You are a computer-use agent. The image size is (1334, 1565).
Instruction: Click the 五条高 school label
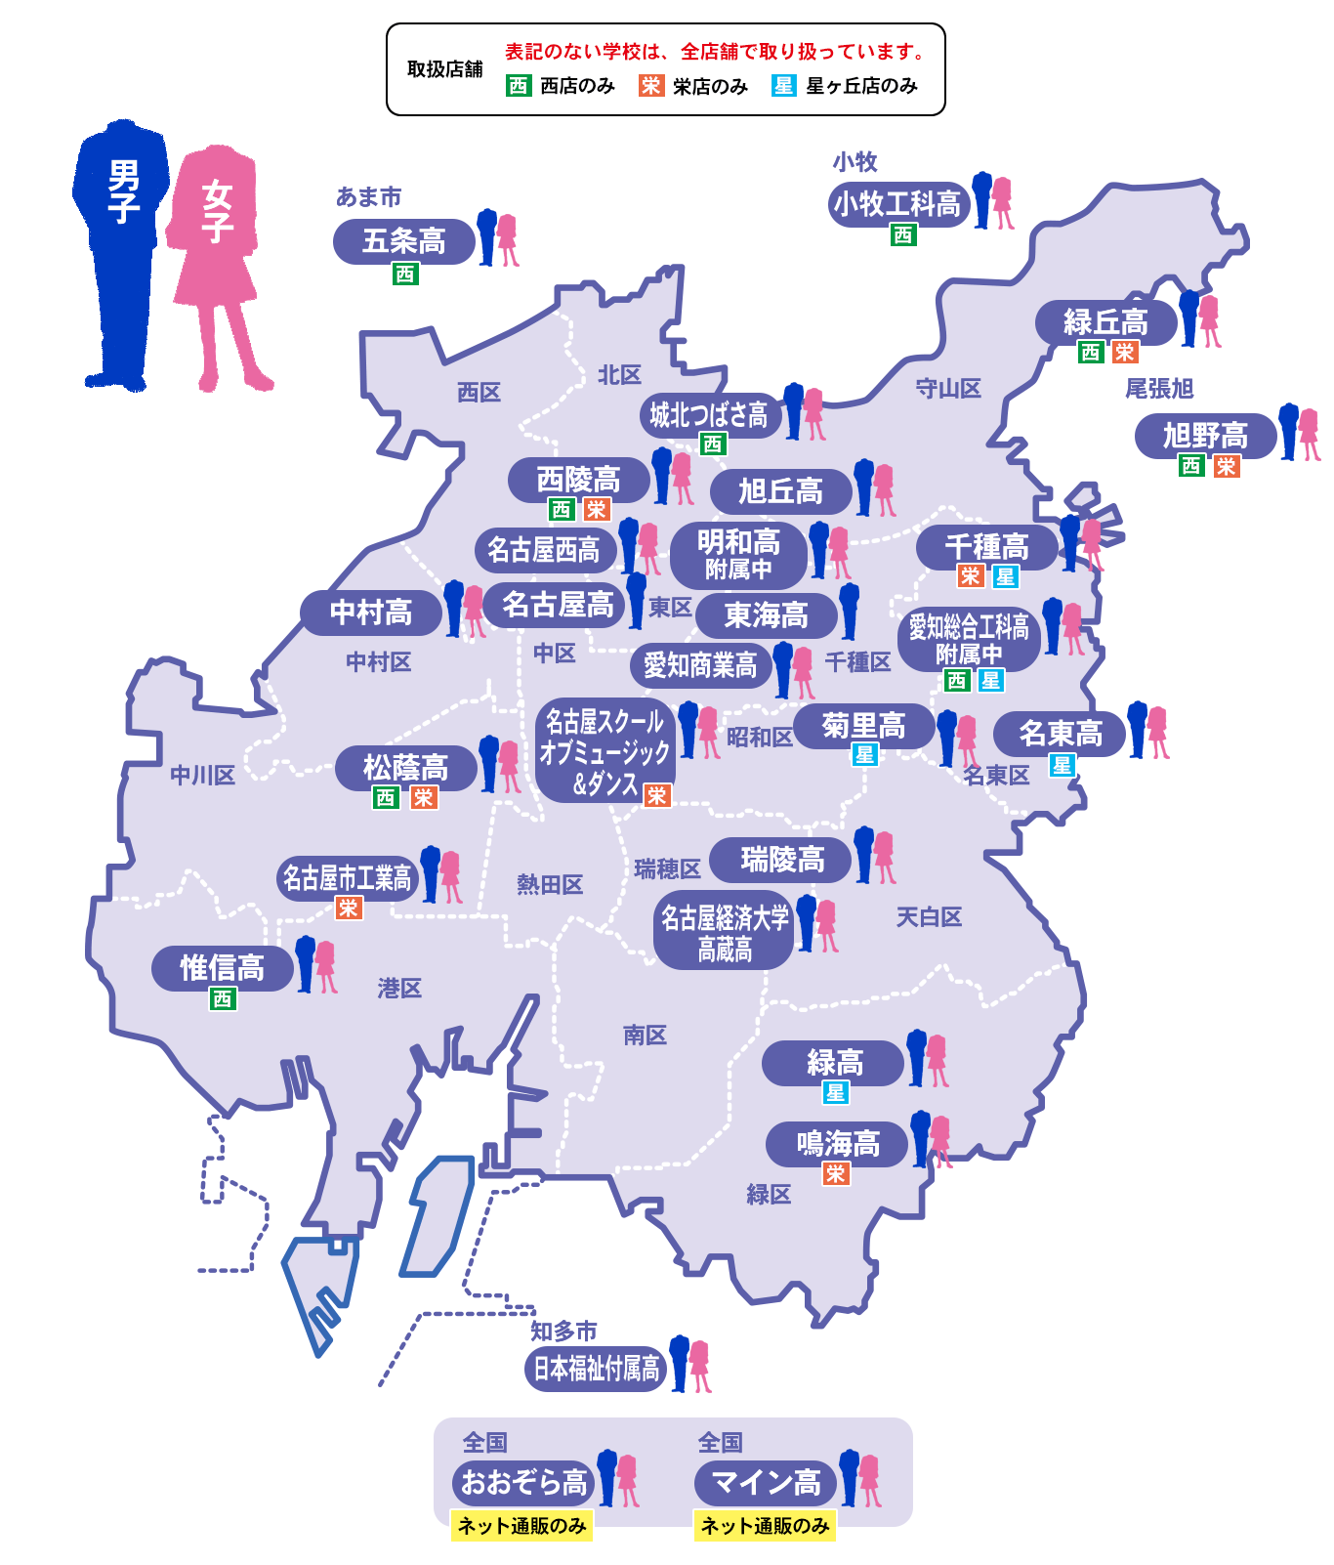click(403, 241)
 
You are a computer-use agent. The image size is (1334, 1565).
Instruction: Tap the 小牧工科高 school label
click(897, 204)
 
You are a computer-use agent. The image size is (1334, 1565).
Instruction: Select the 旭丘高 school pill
click(780, 491)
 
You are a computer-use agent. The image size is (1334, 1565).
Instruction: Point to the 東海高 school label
click(767, 615)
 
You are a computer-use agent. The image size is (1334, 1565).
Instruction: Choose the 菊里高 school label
click(863, 727)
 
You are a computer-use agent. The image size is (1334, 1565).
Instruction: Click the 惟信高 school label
click(222, 968)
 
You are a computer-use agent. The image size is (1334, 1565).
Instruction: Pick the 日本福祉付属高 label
click(596, 1369)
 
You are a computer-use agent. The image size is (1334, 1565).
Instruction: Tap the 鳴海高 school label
click(838, 1144)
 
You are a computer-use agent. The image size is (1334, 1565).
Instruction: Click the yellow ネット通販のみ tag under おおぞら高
click(521, 1526)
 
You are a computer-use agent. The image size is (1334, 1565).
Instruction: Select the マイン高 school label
click(766, 1483)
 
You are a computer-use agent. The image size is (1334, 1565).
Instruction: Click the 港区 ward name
click(399, 989)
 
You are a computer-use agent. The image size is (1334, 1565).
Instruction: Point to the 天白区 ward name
click(929, 917)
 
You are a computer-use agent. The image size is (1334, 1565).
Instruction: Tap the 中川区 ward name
click(203, 776)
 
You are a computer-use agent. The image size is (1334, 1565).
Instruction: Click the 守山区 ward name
click(947, 389)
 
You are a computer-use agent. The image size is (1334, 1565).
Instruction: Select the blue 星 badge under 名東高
click(1062, 766)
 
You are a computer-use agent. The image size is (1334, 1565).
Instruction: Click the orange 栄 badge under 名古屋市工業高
click(349, 909)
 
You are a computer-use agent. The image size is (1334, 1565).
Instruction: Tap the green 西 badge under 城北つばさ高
click(713, 444)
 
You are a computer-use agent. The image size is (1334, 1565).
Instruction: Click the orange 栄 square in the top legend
click(651, 86)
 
